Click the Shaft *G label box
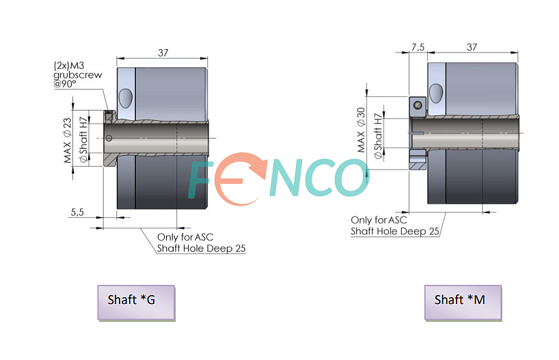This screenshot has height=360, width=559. tap(136, 303)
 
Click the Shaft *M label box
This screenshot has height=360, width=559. tap(463, 303)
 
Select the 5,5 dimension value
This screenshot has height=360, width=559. tap(77, 212)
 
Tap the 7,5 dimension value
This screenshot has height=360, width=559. tap(418, 47)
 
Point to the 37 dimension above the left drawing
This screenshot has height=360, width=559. tap(163, 53)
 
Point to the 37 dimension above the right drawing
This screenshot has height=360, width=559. tap(472, 47)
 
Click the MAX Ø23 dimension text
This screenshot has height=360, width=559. tap(67, 141)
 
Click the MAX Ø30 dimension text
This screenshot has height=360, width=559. tap(361, 130)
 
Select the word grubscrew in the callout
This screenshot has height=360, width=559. tap(78, 75)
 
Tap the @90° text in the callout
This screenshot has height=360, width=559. tap(64, 84)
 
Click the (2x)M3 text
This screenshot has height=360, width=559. tap(69, 66)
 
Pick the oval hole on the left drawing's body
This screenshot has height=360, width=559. tap(125, 98)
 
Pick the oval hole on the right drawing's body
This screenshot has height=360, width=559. tap(435, 93)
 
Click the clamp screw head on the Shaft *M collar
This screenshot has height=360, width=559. tap(418, 105)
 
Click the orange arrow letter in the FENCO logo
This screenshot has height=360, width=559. tap(241, 178)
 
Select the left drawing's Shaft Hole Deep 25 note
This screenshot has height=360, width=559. tap(202, 249)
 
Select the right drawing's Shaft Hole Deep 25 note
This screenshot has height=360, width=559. tap(395, 232)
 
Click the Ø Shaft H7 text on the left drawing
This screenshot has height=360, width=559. tap(83, 139)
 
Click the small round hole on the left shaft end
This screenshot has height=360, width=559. tap(109, 138)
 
